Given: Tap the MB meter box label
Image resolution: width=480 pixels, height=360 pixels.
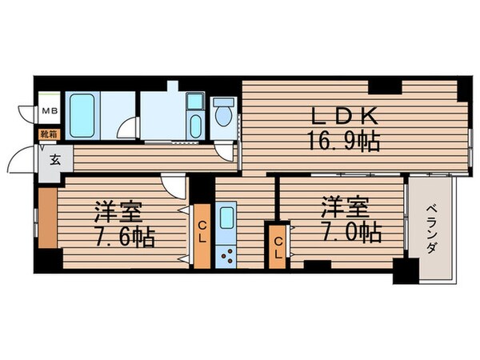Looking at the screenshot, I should point(49,112).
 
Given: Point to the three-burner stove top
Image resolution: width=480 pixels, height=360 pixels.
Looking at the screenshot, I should point(226,255).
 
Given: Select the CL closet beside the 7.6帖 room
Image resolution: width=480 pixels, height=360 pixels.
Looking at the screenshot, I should point(202,235).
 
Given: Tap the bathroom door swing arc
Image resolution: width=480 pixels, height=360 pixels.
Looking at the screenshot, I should point(126,128).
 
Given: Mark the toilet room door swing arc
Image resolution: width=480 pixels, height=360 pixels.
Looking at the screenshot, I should point(229,153).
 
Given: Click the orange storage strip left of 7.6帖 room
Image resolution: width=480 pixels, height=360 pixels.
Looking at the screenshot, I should point(46,217).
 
